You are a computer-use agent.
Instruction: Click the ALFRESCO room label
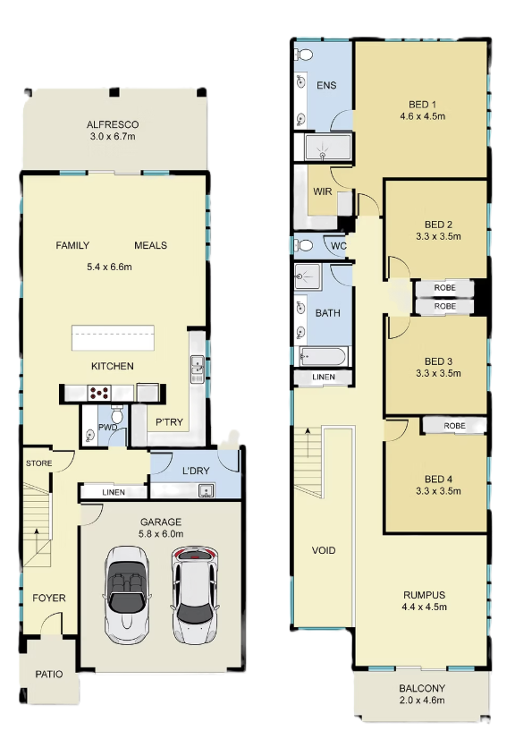point(113,124)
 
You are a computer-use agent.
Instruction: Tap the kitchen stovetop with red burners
point(98,393)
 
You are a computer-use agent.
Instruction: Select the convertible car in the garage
point(126,594)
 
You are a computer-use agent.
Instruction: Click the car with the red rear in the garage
point(195,594)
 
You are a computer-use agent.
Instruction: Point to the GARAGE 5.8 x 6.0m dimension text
point(161,534)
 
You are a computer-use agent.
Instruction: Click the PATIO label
point(49,674)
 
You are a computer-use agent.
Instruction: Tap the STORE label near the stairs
point(39,463)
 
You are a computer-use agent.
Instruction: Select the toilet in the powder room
point(116,415)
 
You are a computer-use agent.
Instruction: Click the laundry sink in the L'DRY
point(207,491)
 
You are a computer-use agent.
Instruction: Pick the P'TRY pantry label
point(169,422)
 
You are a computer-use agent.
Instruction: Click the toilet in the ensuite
point(304,55)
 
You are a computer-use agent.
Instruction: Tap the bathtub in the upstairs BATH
point(322,357)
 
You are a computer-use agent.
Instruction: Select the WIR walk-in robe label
point(322,191)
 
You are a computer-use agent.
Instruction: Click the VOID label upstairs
point(324,550)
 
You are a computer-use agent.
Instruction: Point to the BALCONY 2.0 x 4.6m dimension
point(422,701)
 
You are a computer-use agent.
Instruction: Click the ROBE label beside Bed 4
point(455,426)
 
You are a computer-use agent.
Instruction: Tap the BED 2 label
point(438,225)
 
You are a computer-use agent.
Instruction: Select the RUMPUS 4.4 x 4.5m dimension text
point(425,607)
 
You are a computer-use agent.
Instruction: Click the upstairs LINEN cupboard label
point(324,377)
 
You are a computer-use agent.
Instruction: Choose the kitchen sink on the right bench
point(198,370)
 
